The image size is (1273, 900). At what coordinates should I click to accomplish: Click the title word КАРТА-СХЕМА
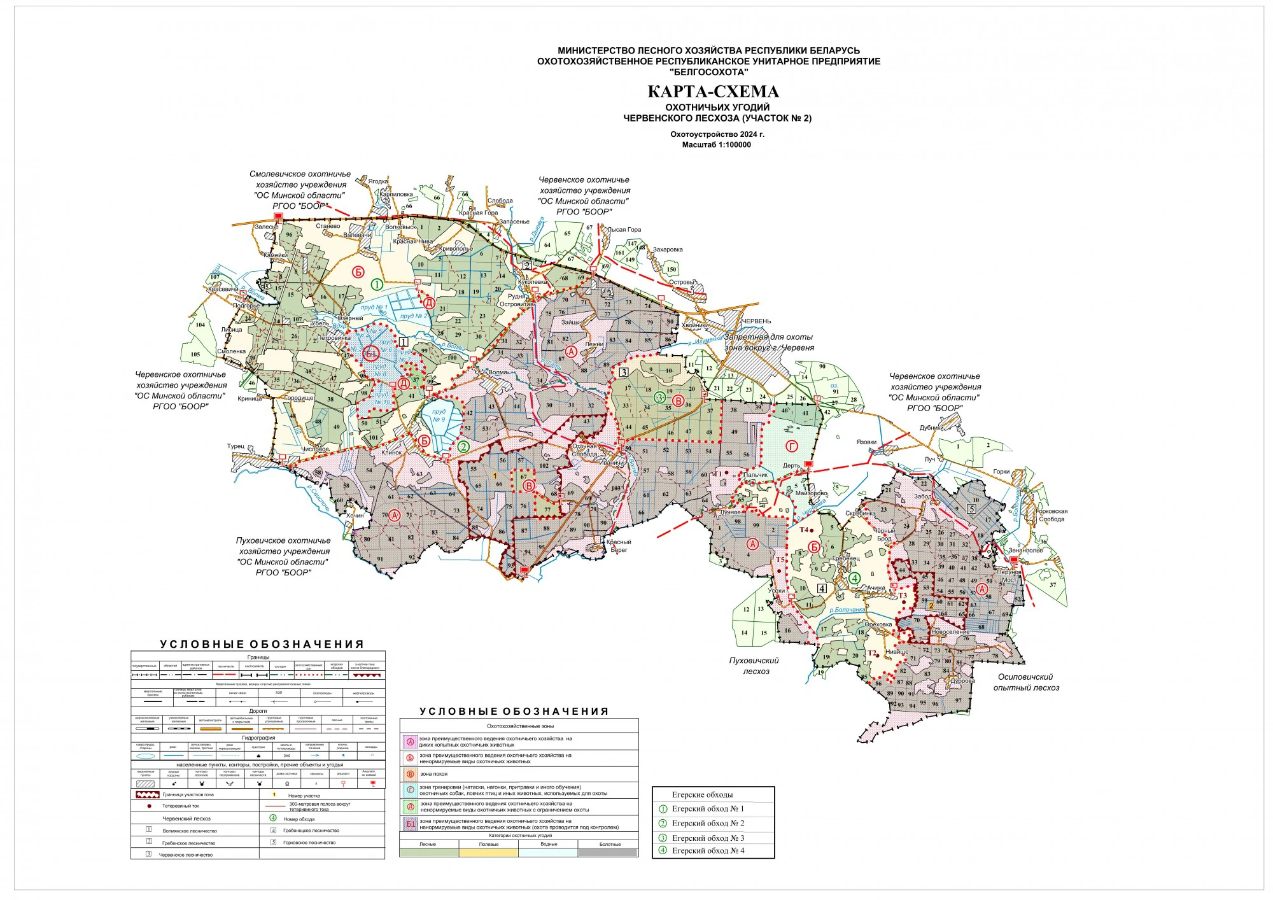click(713, 92)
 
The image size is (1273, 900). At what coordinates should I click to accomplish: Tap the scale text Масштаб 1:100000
click(717, 145)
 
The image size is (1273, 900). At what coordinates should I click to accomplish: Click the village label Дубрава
click(962, 680)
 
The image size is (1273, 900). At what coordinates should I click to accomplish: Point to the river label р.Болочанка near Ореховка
click(847, 610)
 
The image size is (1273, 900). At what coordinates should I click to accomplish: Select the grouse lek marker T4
click(804, 530)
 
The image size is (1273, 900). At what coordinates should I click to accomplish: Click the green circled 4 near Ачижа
click(855, 578)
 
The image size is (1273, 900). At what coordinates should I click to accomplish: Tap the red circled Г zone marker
click(792, 446)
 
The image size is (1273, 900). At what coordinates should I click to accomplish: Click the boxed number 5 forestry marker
click(971, 509)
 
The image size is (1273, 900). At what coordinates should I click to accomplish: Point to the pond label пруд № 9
click(439, 415)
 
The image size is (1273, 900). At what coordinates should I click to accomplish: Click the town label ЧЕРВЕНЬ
click(756, 321)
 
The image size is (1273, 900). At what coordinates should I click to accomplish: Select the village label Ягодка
click(377, 181)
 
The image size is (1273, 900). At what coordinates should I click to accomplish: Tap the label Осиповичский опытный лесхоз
click(1025, 682)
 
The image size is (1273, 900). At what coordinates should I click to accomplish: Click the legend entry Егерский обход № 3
click(708, 838)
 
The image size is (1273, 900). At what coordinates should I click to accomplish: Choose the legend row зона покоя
click(433, 774)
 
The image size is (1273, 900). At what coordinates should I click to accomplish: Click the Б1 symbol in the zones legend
click(411, 824)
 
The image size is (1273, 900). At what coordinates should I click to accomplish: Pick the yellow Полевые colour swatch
click(488, 852)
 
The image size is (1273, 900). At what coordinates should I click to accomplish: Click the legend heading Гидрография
click(258, 738)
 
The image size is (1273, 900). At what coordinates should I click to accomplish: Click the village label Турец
click(236, 446)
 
